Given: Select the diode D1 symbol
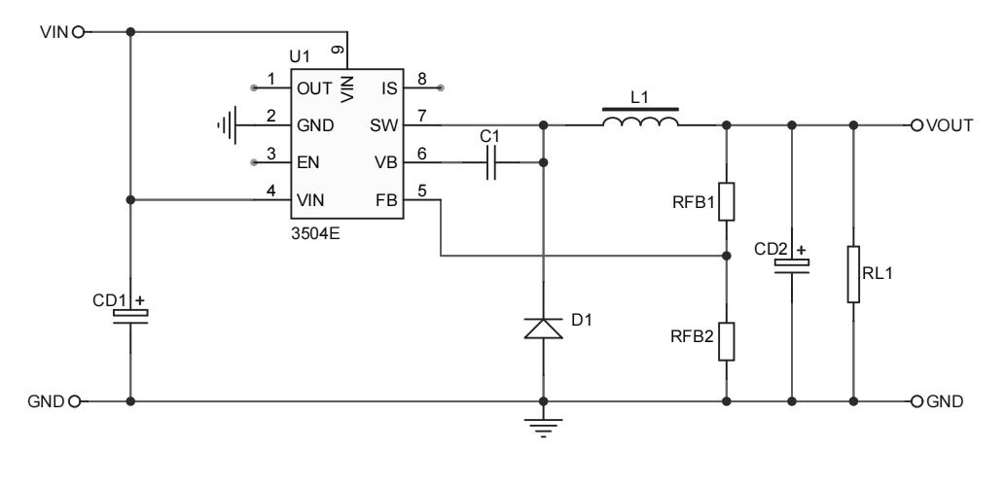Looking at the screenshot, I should click(x=543, y=328).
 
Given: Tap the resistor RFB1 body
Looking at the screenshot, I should click(x=726, y=200).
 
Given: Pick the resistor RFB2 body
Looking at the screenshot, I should click(x=726, y=341).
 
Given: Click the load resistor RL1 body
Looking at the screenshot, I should click(x=853, y=274).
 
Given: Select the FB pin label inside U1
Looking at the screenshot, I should click(x=384, y=199).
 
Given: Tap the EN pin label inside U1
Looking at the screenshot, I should click(x=306, y=162).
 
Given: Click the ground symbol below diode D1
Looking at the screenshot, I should click(x=543, y=424).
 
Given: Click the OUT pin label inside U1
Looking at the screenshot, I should click(x=312, y=88).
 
